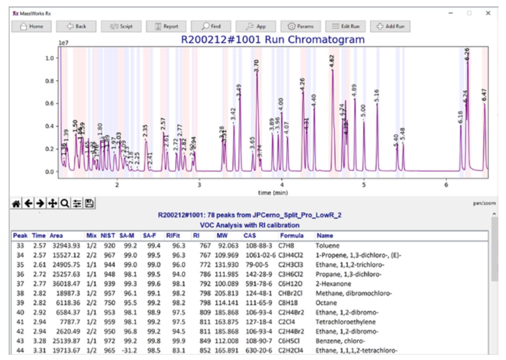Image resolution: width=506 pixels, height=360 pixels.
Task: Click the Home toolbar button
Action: coord(32,26)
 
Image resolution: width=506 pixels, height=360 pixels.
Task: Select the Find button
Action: coord(211,26)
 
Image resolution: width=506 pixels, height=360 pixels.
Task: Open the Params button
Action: coord(300,26)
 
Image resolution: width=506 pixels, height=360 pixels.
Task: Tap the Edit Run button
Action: coord(346,26)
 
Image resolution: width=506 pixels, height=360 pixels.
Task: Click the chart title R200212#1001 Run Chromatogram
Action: coord(273,39)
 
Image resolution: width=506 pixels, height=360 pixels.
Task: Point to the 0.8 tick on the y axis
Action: coord(49,81)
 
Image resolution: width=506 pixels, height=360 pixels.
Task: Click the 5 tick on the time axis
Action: coord(364,185)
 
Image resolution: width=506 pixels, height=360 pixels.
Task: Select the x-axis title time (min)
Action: coord(273,193)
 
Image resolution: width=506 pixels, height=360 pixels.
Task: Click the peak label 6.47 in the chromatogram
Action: coord(484,95)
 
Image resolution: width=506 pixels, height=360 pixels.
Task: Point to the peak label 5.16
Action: coord(377,96)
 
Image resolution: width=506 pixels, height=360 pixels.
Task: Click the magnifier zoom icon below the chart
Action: coord(65,204)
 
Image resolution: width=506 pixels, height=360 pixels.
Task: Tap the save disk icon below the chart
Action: coord(89,204)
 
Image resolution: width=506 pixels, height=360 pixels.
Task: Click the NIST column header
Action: coord(108,236)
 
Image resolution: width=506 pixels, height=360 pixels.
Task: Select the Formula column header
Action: coord(292,236)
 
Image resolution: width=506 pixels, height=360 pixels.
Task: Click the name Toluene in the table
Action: coord(327,246)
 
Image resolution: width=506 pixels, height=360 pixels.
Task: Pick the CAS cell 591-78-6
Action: coord(259,284)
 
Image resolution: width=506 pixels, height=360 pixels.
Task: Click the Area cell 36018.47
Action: coord(66,284)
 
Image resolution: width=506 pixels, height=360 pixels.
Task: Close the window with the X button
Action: coord(488,13)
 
